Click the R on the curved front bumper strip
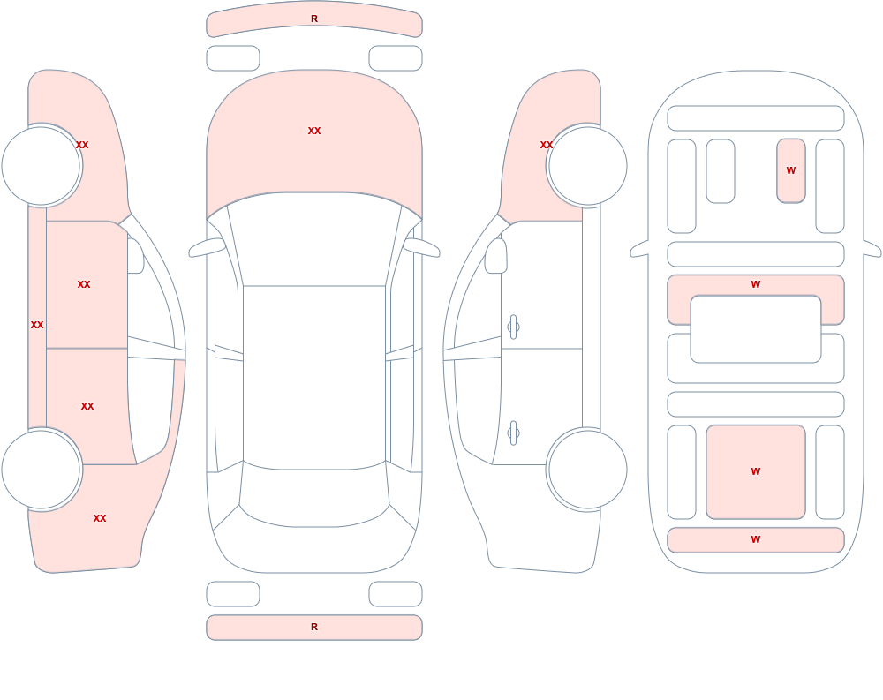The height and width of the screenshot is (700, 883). (314, 19)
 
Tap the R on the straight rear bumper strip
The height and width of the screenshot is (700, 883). (314, 627)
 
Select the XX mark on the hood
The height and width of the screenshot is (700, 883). (314, 131)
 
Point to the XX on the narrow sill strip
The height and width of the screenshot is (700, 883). (37, 325)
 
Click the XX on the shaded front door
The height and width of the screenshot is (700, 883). (84, 284)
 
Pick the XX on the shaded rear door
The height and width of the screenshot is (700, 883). (87, 406)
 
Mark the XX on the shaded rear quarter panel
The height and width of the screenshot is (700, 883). (100, 518)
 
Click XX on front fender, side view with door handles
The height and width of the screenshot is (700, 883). (547, 145)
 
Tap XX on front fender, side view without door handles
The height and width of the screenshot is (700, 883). (82, 145)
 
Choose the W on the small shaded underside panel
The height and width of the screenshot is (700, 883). (791, 170)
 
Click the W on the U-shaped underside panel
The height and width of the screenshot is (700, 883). (756, 284)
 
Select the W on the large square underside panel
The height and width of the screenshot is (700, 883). (756, 471)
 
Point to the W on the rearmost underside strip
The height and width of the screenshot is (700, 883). (756, 539)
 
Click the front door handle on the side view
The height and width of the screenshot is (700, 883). (513, 327)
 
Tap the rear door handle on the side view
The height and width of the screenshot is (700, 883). (513, 433)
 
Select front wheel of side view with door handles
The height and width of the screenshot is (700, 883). (588, 166)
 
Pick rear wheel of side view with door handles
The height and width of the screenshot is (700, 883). (588, 470)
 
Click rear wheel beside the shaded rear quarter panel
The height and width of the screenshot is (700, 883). (41, 470)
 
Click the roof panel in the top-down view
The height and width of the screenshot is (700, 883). (314, 377)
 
